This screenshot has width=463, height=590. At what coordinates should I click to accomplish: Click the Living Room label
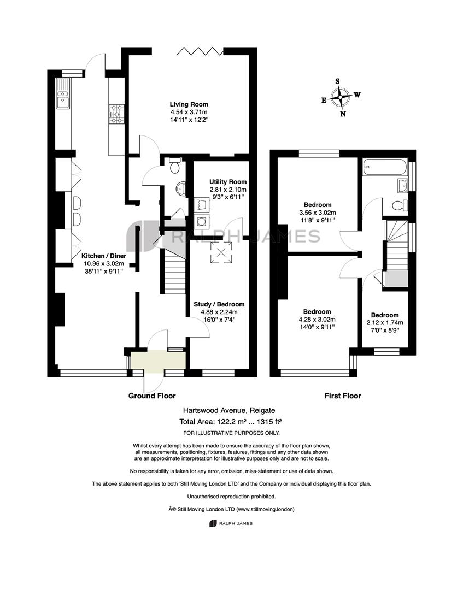[189, 104]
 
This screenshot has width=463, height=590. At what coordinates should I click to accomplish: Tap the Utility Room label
[228, 182]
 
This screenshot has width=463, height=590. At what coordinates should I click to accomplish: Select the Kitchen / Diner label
[104, 256]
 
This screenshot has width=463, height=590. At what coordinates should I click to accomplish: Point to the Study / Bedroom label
[219, 304]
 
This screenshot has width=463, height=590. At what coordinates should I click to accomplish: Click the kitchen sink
[63, 93]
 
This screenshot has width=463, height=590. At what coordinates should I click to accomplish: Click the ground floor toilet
[175, 166]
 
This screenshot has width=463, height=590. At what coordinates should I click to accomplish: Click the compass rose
[341, 97]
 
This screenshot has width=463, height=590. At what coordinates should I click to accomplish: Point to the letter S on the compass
[337, 81]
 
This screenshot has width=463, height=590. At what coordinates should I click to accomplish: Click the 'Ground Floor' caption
[152, 396]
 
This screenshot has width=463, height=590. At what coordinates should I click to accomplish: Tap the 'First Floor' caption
[343, 396]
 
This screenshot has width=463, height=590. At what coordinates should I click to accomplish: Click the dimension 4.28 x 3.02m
[317, 320]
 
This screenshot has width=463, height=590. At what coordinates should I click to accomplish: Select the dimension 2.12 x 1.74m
[385, 323]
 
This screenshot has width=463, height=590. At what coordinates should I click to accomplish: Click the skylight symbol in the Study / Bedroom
[221, 252]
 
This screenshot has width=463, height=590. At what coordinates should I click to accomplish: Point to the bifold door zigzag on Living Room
[200, 51]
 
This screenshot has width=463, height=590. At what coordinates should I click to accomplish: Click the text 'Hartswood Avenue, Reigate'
[229, 410]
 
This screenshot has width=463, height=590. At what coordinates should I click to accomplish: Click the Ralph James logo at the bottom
[231, 523]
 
